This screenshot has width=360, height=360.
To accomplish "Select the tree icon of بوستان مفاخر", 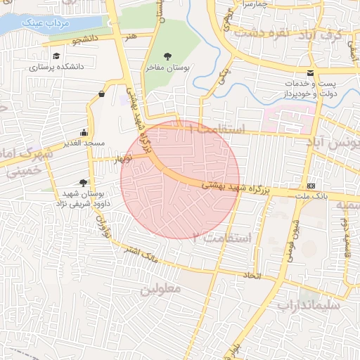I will [x=167, y=56].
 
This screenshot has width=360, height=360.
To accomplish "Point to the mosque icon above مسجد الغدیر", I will [x=84, y=131].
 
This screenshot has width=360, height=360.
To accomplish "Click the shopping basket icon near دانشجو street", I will [x=103, y=94].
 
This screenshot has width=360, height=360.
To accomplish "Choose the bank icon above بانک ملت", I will [x=311, y=185].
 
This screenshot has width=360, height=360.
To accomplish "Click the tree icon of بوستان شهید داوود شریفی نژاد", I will [x=84, y=182].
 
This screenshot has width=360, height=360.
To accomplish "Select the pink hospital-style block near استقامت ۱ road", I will [x=288, y=118].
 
